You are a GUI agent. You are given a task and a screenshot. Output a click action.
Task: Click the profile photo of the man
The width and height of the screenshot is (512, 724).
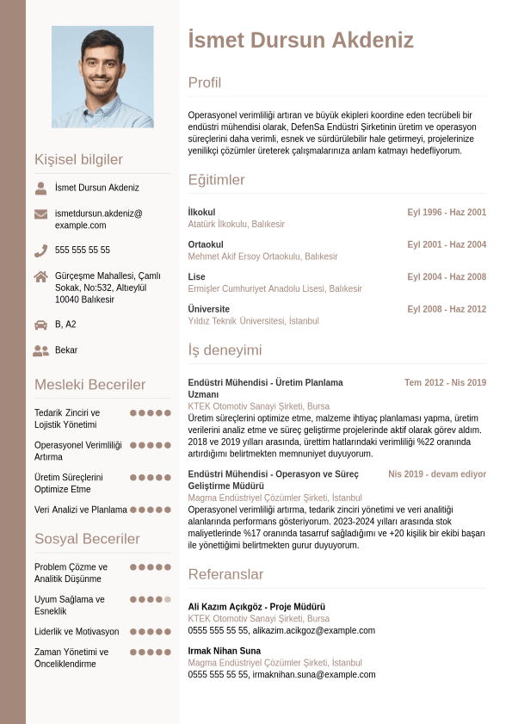(x=102, y=77)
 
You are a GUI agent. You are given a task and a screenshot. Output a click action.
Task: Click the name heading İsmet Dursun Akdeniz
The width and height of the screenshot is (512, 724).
(x=300, y=40)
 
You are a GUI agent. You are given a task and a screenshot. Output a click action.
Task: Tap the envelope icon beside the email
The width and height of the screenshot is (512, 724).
(x=40, y=213)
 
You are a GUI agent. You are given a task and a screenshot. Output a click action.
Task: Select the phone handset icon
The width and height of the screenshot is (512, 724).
(x=40, y=251)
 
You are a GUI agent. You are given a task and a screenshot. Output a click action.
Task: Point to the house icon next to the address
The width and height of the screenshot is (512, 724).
(x=40, y=276)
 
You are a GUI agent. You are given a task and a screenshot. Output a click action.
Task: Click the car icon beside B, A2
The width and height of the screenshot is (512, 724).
(x=40, y=325)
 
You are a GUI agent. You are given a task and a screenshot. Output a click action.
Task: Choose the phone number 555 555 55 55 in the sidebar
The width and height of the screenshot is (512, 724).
(x=83, y=251)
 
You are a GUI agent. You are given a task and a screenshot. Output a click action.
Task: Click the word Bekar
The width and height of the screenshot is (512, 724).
(x=66, y=350)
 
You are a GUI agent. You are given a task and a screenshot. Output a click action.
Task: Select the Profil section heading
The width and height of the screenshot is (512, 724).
(x=205, y=83)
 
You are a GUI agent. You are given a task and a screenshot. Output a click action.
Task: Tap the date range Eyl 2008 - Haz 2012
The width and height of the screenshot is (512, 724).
(x=447, y=309)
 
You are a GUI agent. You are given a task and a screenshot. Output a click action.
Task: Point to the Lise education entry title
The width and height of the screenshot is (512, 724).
(x=197, y=276)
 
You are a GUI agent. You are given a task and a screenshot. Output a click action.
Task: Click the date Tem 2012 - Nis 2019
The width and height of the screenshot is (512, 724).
(x=445, y=382)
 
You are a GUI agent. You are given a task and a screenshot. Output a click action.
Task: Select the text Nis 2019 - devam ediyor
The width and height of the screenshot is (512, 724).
(x=437, y=474)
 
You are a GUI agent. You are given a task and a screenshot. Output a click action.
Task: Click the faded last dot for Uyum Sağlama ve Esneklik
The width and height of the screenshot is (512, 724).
(x=168, y=599)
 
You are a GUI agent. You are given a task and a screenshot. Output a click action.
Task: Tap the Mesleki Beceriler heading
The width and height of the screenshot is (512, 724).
(x=90, y=385)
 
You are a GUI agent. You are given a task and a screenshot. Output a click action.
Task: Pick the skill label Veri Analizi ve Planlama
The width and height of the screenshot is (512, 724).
(x=81, y=510)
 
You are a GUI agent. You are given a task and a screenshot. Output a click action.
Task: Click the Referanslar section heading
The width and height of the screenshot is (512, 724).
(x=225, y=574)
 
